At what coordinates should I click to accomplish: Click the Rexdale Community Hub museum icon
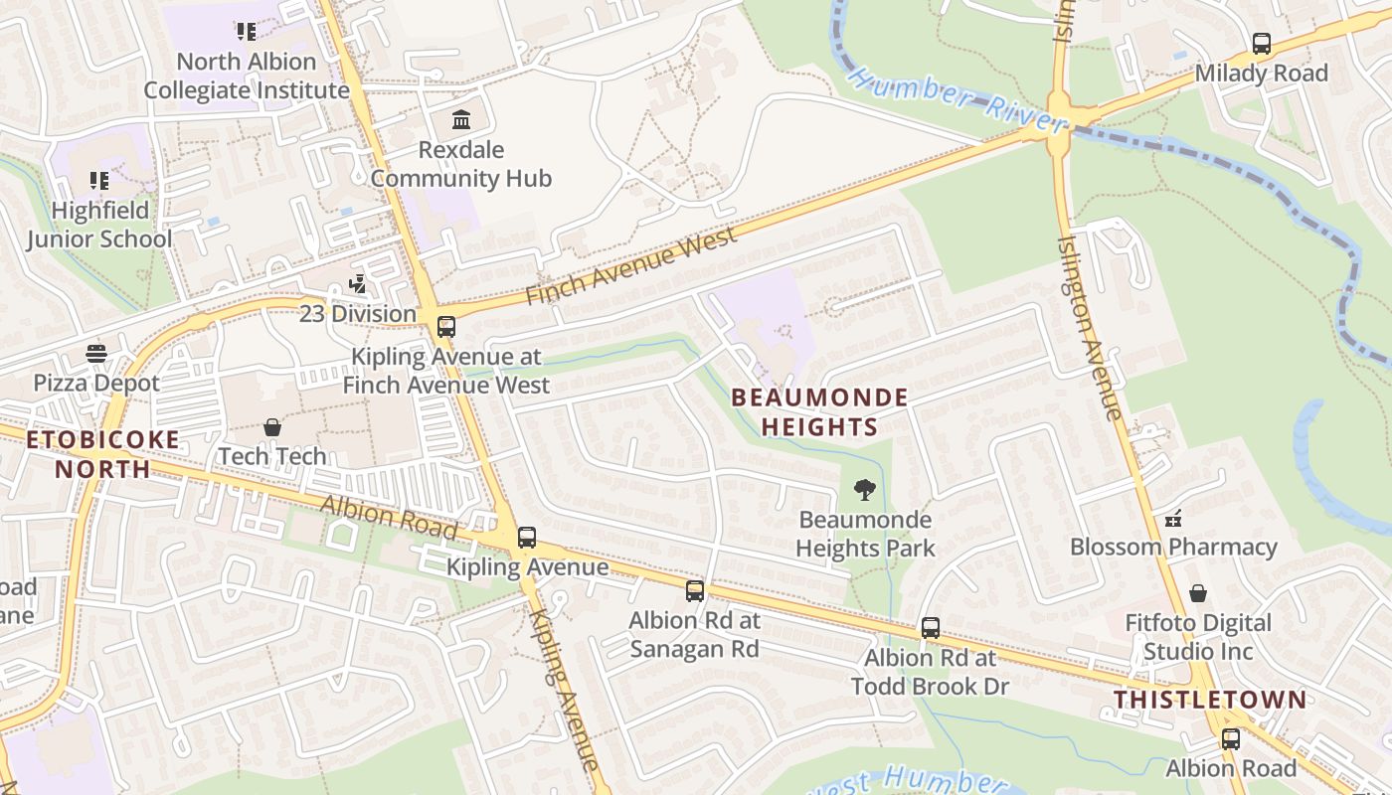[461, 121]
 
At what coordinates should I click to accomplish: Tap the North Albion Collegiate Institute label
[247, 76]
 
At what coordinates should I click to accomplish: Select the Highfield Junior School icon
[98, 181]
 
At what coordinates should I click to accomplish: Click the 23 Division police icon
[357, 284]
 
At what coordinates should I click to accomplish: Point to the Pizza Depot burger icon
[96, 354]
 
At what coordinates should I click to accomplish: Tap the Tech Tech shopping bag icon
[272, 427]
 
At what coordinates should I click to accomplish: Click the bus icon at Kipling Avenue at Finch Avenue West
[445, 326]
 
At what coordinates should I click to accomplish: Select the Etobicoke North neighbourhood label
[103, 454]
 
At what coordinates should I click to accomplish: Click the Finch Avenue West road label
[632, 265]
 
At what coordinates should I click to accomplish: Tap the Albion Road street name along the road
[388, 518]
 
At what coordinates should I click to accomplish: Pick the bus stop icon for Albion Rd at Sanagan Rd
[695, 590]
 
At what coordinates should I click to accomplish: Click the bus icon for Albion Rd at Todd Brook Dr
[931, 628]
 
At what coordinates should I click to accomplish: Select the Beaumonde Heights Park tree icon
[865, 489]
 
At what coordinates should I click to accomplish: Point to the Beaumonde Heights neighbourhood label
[819, 412]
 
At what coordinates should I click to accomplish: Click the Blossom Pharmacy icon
[1173, 518]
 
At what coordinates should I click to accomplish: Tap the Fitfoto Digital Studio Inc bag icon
[1199, 593]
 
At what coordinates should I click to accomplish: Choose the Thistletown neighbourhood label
[1210, 700]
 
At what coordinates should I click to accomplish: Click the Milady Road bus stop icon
[1262, 44]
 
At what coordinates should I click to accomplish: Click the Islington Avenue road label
[1090, 328]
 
